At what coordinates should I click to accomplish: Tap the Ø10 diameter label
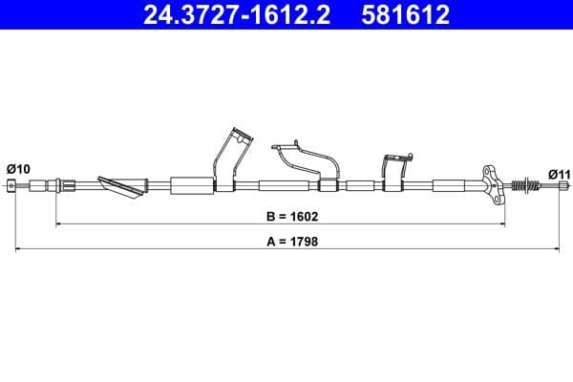(x=18, y=168)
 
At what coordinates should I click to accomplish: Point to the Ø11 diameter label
(x=559, y=173)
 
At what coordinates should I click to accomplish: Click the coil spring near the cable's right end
(x=523, y=185)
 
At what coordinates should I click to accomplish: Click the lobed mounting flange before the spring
(x=492, y=183)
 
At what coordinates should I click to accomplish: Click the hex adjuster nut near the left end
(x=66, y=185)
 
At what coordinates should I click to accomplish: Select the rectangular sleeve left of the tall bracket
(x=192, y=185)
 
